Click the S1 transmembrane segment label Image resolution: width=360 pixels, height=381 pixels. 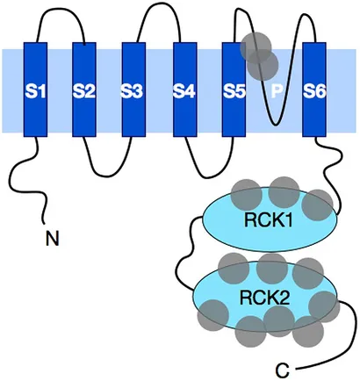pyautogui.click(x=35, y=91)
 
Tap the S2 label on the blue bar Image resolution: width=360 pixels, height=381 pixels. pyautogui.click(x=84, y=91)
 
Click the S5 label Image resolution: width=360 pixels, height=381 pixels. pyautogui.click(x=234, y=91)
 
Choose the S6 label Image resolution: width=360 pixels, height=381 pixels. pyautogui.click(x=314, y=91)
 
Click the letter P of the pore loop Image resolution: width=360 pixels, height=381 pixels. pyautogui.click(x=276, y=91)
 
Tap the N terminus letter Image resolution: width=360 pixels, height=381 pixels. pyautogui.click(x=53, y=239)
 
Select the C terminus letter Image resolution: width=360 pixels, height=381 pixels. pyautogui.click(x=283, y=370)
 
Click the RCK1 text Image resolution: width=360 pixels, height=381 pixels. pyautogui.click(x=269, y=219)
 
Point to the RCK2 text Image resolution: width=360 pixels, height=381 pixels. pyautogui.click(x=265, y=298)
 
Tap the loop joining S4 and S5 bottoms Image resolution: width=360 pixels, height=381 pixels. pyautogui.click(x=209, y=177)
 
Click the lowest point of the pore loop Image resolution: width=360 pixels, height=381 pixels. pyautogui.click(x=275, y=125)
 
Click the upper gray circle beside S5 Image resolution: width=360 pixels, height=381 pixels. pyautogui.click(x=256, y=47)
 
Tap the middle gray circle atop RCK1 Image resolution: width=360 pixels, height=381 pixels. pyautogui.click(x=284, y=192)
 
